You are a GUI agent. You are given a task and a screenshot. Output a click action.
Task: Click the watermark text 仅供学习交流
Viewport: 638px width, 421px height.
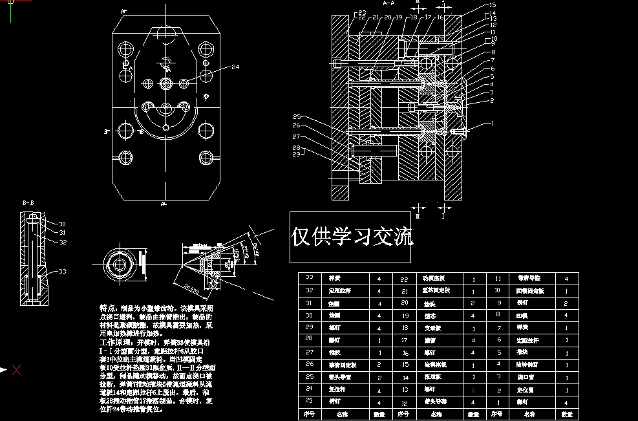click(x=352, y=237)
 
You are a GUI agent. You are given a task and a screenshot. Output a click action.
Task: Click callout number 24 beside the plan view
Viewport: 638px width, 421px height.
click(x=235, y=67)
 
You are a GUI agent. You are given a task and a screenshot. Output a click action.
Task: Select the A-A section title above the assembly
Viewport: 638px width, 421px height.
click(x=388, y=3)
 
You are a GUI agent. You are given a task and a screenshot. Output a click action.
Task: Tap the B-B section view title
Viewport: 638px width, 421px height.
click(x=28, y=202)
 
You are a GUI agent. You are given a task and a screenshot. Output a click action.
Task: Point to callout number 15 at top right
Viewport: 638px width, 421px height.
click(x=492, y=6)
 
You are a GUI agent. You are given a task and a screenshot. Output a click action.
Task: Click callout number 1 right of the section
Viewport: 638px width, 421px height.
click(x=492, y=122)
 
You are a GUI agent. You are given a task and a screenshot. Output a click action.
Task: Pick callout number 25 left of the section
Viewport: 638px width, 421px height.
click(x=296, y=116)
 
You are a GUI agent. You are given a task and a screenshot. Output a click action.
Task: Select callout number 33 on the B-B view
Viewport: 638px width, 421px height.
click(x=63, y=272)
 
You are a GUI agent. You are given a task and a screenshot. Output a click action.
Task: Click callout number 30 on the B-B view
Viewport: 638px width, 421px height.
click(x=63, y=224)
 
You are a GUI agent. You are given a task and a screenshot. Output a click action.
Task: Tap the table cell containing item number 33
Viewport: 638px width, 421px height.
click(x=309, y=278)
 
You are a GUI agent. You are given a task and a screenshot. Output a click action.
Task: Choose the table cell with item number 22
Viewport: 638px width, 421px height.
click(x=405, y=279)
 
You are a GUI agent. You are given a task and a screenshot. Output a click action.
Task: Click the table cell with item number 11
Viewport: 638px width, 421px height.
click(x=497, y=279)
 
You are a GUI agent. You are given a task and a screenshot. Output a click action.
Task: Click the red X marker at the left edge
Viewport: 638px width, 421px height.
click(x=17, y=370)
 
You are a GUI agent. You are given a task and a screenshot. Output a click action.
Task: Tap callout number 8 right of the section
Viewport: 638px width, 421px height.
click(x=493, y=52)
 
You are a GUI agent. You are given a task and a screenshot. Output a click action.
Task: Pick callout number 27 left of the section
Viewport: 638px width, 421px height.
click(x=296, y=137)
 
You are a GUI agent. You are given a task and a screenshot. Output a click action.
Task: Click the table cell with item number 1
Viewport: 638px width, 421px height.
click(x=497, y=402)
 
